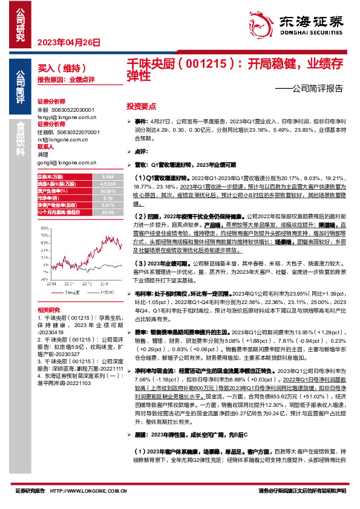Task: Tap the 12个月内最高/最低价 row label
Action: (x=59, y=212)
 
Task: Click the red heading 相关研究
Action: (x=48, y=309)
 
